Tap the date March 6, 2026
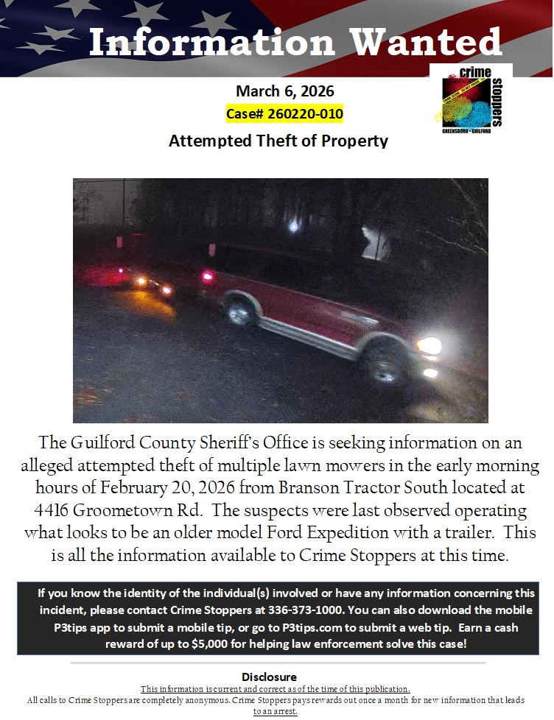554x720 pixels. tap(284, 92)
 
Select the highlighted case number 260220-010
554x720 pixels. tap(284, 114)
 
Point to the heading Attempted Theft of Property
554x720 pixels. tap(278, 141)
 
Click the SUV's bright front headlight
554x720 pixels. tap(428, 345)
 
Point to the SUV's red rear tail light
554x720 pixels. tap(207, 277)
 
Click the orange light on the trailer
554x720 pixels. tap(141, 280)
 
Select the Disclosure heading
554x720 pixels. tap(269, 677)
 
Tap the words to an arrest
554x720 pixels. tap(275, 711)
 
